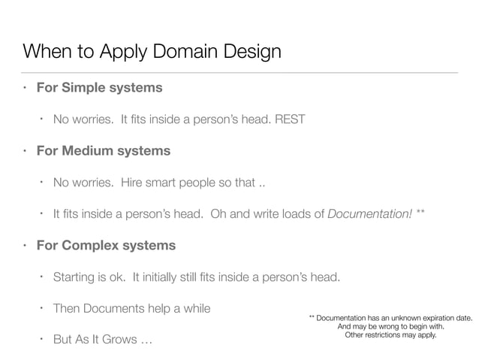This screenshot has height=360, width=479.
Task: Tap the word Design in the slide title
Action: click(x=247, y=52)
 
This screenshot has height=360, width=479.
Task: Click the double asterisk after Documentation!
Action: click(x=421, y=213)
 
